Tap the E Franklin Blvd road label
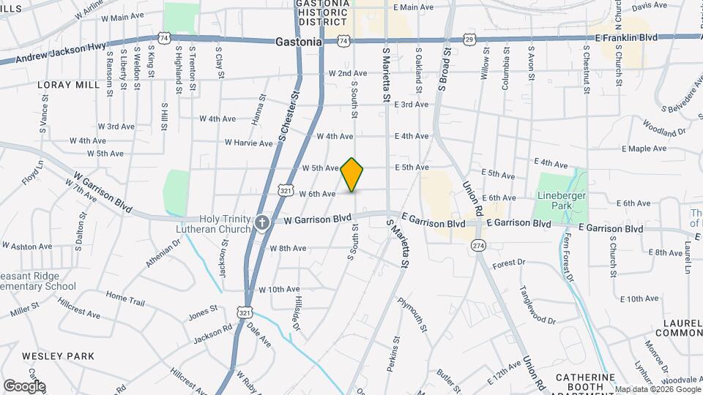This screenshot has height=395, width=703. pyautogui.click(x=626, y=37)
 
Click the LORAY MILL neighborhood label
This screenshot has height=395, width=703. pyautogui.click(x=68, y=85)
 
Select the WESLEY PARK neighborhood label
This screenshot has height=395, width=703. pyautogui.click(x=58, y=356)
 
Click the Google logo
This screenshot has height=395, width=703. pyautogui.click(x=24, y=385)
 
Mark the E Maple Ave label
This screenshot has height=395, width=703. pyautogui.click(x=644, y=148)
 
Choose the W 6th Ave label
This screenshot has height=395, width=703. pyautogui.click(x=317, y=194)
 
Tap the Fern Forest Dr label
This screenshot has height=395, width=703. pyautogui.click(x=568, y=257)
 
